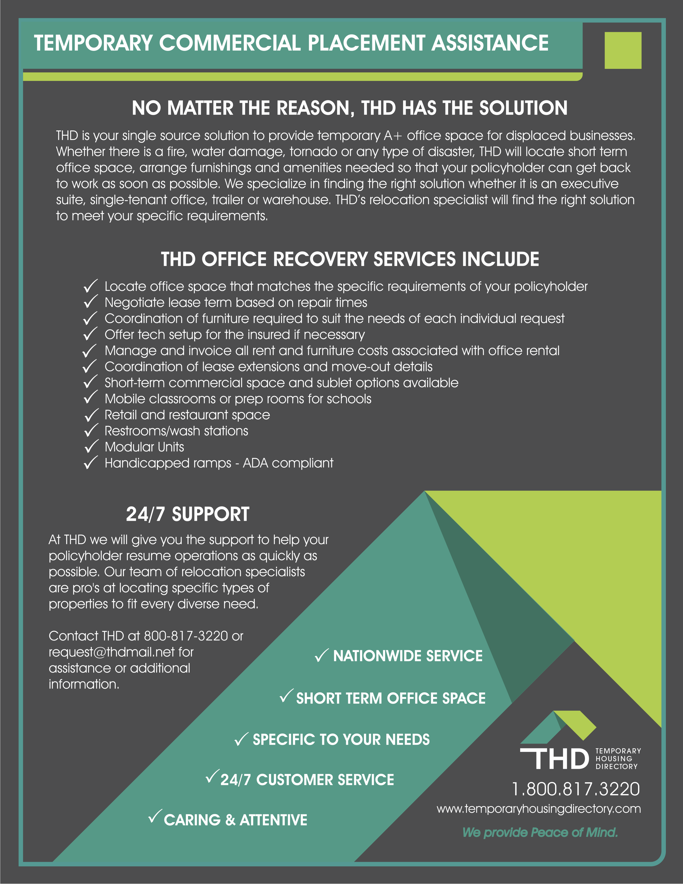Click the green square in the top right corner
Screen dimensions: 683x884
click(x=623, y=50)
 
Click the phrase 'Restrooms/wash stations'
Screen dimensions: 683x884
click(x=177, y=431)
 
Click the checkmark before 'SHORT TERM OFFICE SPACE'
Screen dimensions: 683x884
click(x=286, y=696)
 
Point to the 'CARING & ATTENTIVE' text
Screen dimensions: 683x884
click(x=235, y=820)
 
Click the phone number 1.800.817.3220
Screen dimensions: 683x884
click(x=576, y=789)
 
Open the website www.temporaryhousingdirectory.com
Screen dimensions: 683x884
click(x=539, y=809)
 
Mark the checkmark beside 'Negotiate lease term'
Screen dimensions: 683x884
click(x=91, y=302)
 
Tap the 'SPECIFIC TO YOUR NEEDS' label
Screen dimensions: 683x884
click(x=341, y=740)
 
